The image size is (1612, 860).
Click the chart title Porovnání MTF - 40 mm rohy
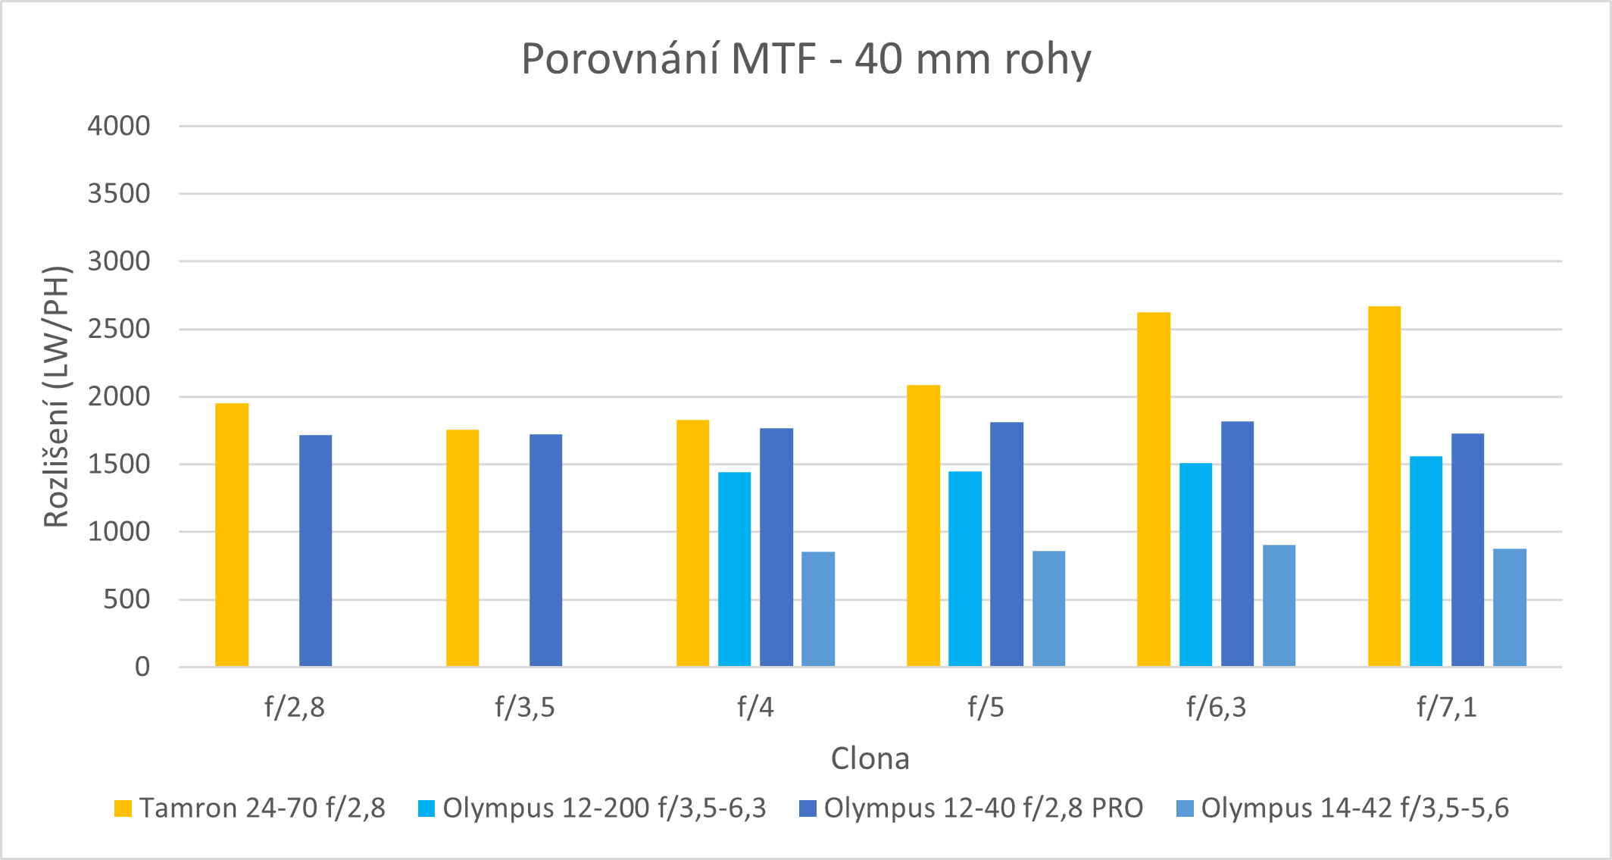[x=806, y=59]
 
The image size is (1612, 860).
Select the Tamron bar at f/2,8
[x=232, y=535]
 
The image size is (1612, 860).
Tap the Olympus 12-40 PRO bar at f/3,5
[x=545, y=551]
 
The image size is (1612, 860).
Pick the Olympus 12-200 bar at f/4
[x=735, y=570]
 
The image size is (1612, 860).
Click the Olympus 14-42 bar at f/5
[x=1048, y=609]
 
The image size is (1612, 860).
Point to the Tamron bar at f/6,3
[x=1154, y=489]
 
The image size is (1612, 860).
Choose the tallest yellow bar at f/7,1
[x=1384, y=486]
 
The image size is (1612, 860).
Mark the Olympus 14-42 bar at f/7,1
[x=1510, y=608]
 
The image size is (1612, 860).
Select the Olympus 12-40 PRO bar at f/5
[x=1007, y=545]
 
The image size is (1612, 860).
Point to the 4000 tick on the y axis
[x=119, y=126]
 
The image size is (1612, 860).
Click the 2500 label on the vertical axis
[x=119, y=329]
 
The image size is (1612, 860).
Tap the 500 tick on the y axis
[x=127, y=599]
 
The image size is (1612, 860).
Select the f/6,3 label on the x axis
[x=1216, y=708]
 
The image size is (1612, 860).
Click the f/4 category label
[x=755, y=708]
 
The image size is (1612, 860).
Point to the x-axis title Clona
[x=870, y=758]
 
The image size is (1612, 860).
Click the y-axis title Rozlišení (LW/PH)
[x=57, y=396]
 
